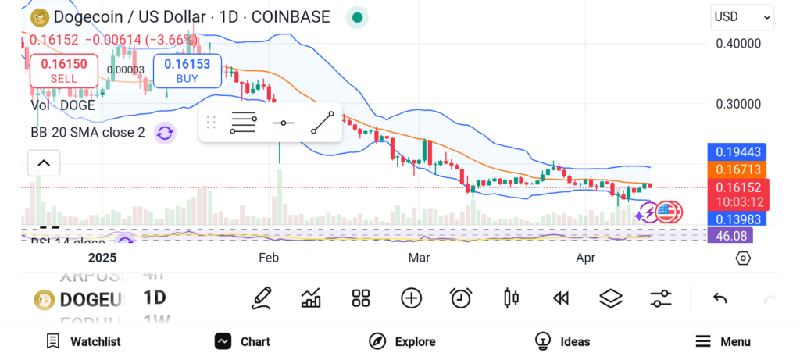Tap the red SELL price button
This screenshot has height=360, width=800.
point(64,70)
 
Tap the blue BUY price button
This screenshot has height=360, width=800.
point(187,70)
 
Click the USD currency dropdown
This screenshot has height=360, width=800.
point(742,16)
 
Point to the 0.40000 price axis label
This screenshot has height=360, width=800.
point(738,44)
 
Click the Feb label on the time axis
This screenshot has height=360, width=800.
point(269,257)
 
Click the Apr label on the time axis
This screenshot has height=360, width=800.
point(585,257)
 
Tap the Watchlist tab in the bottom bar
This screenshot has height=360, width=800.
point(84,341)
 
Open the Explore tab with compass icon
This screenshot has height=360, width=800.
point(402,341)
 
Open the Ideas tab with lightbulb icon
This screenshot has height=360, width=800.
point(562,341)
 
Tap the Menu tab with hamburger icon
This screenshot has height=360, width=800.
point(723,341)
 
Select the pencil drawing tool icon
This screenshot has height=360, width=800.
point(262,298)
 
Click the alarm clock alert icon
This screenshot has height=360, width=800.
point(461,298)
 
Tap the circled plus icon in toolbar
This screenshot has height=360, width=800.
point(411,298)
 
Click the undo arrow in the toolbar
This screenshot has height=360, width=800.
point(720,298)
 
